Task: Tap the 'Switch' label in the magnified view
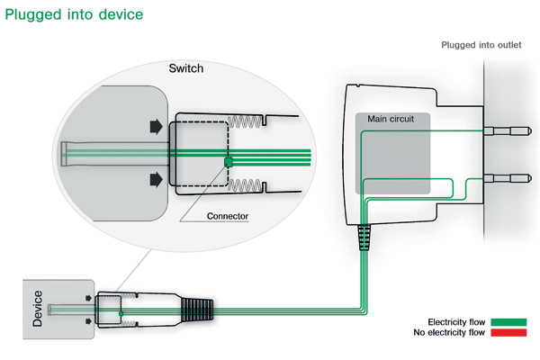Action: (187, 68)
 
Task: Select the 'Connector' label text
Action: (228, 216)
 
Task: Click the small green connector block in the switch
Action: (229, 161)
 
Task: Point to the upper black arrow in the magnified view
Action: (157, 126)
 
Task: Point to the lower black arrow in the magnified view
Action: (157, 180)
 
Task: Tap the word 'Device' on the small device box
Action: (38, 306)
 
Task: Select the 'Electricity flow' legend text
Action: (456, 321)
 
